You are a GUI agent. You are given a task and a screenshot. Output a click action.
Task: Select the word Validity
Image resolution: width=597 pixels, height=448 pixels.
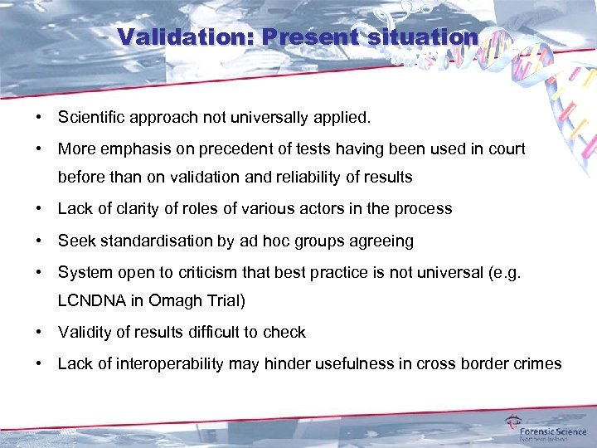pyautogui.click(x=82, y=333)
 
